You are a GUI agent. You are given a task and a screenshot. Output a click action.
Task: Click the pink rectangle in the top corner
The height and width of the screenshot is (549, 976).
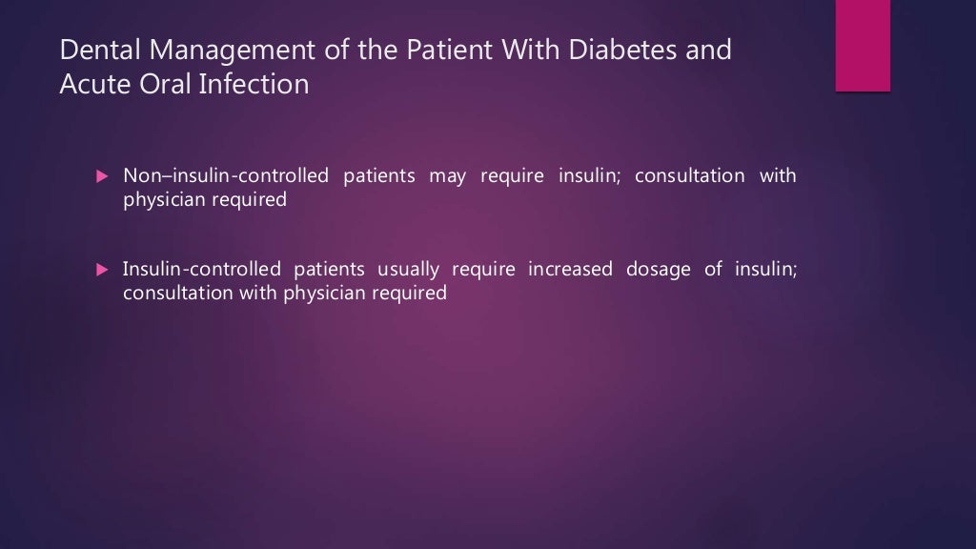(863, 45)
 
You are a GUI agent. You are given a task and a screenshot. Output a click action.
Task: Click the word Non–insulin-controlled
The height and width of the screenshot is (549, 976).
(225, 176)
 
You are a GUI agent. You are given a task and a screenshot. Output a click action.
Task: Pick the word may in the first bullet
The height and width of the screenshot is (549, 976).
(447, 176)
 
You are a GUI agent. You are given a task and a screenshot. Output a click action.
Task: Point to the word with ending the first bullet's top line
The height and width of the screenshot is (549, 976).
(778, 176)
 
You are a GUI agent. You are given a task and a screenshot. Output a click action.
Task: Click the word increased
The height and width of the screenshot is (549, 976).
(572, 270)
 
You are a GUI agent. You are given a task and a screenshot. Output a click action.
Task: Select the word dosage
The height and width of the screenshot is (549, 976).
(659, 270)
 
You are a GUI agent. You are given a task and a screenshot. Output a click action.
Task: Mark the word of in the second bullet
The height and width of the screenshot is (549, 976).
(713, 270)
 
